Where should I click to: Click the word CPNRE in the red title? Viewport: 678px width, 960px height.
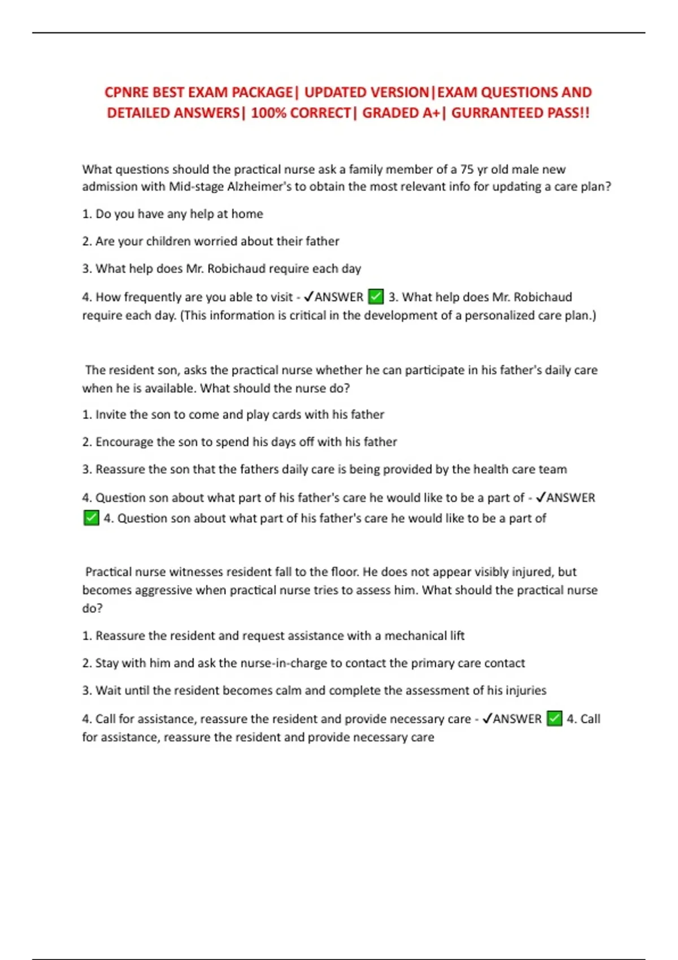pos(126,92)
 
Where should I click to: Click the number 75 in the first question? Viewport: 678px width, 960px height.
pos(467,169)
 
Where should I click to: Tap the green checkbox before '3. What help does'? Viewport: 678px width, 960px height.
pos(376,296)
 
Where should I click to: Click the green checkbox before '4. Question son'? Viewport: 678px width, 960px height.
pos(91,518)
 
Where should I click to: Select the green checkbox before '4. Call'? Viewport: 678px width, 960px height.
pos(555,718)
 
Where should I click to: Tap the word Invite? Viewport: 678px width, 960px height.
pos(111,414)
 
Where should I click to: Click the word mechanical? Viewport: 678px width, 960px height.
pos(415,636)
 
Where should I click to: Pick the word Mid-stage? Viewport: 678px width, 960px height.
pos(196,187)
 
